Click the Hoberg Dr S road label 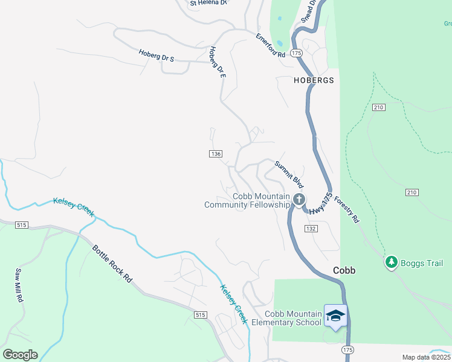[x=156, y=55]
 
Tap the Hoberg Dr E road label [x=218, y=62]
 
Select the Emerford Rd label [x=270, y=45]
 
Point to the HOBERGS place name [x=314, y=80]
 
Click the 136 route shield [x=216, y=154]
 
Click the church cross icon [x=299, y=199]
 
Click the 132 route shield [x=311, y=229]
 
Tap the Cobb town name [x=344, y=271]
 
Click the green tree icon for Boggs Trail [x=391, y=262]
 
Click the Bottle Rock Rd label [x=112, y=264]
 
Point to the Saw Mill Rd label [x=19, y=285]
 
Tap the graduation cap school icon [x=336, y=315]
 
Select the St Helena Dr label [x=208, y=3]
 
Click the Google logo [x=20, y=355]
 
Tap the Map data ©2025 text [x=426, y=357]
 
